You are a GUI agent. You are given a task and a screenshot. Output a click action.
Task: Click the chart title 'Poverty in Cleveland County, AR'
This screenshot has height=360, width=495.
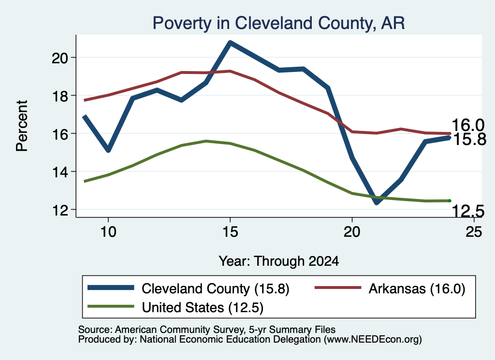(x=278, y=23)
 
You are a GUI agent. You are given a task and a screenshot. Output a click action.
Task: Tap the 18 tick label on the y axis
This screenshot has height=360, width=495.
(x=60, y=96)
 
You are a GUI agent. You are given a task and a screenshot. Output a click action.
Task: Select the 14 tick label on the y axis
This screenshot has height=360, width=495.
(x=60, y=172)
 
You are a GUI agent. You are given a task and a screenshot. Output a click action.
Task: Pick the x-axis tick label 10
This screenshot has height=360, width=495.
(x=108, y=232)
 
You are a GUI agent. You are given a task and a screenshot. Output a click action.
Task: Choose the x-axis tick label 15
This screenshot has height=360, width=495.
(x=230, y=232)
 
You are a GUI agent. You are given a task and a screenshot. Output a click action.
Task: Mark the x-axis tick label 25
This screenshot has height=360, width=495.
(x=474, y=232)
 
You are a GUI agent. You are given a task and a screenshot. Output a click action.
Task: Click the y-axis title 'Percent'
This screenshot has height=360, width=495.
(x=22, y=126)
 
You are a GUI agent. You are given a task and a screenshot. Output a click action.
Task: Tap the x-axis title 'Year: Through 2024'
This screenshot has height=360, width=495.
(x=279, y=261)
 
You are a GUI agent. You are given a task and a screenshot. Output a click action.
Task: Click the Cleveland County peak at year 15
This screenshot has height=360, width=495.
(x=230, y=43)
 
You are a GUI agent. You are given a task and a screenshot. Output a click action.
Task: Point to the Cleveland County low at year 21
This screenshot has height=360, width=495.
(x=377, y=202)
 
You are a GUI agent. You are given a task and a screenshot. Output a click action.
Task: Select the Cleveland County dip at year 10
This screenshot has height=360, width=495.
(x=108, y=150)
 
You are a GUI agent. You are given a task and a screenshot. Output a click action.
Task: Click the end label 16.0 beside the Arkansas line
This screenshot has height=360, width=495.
(x=468, y=125)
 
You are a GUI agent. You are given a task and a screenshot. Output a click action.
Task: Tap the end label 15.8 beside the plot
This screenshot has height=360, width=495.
(x=469, y=139)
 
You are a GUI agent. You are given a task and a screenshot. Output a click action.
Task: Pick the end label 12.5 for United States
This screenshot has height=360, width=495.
(x=468, y=211)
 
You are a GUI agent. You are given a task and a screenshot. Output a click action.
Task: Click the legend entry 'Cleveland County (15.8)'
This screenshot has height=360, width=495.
(x=188, y=288)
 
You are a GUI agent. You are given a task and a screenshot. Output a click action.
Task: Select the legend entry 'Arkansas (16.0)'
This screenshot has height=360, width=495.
(x=390, y=288)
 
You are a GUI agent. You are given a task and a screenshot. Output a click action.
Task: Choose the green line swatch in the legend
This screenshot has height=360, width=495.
(x=111, y=306)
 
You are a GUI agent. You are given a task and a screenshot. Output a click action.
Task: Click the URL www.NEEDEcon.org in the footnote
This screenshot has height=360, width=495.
(x=373, y=339)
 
